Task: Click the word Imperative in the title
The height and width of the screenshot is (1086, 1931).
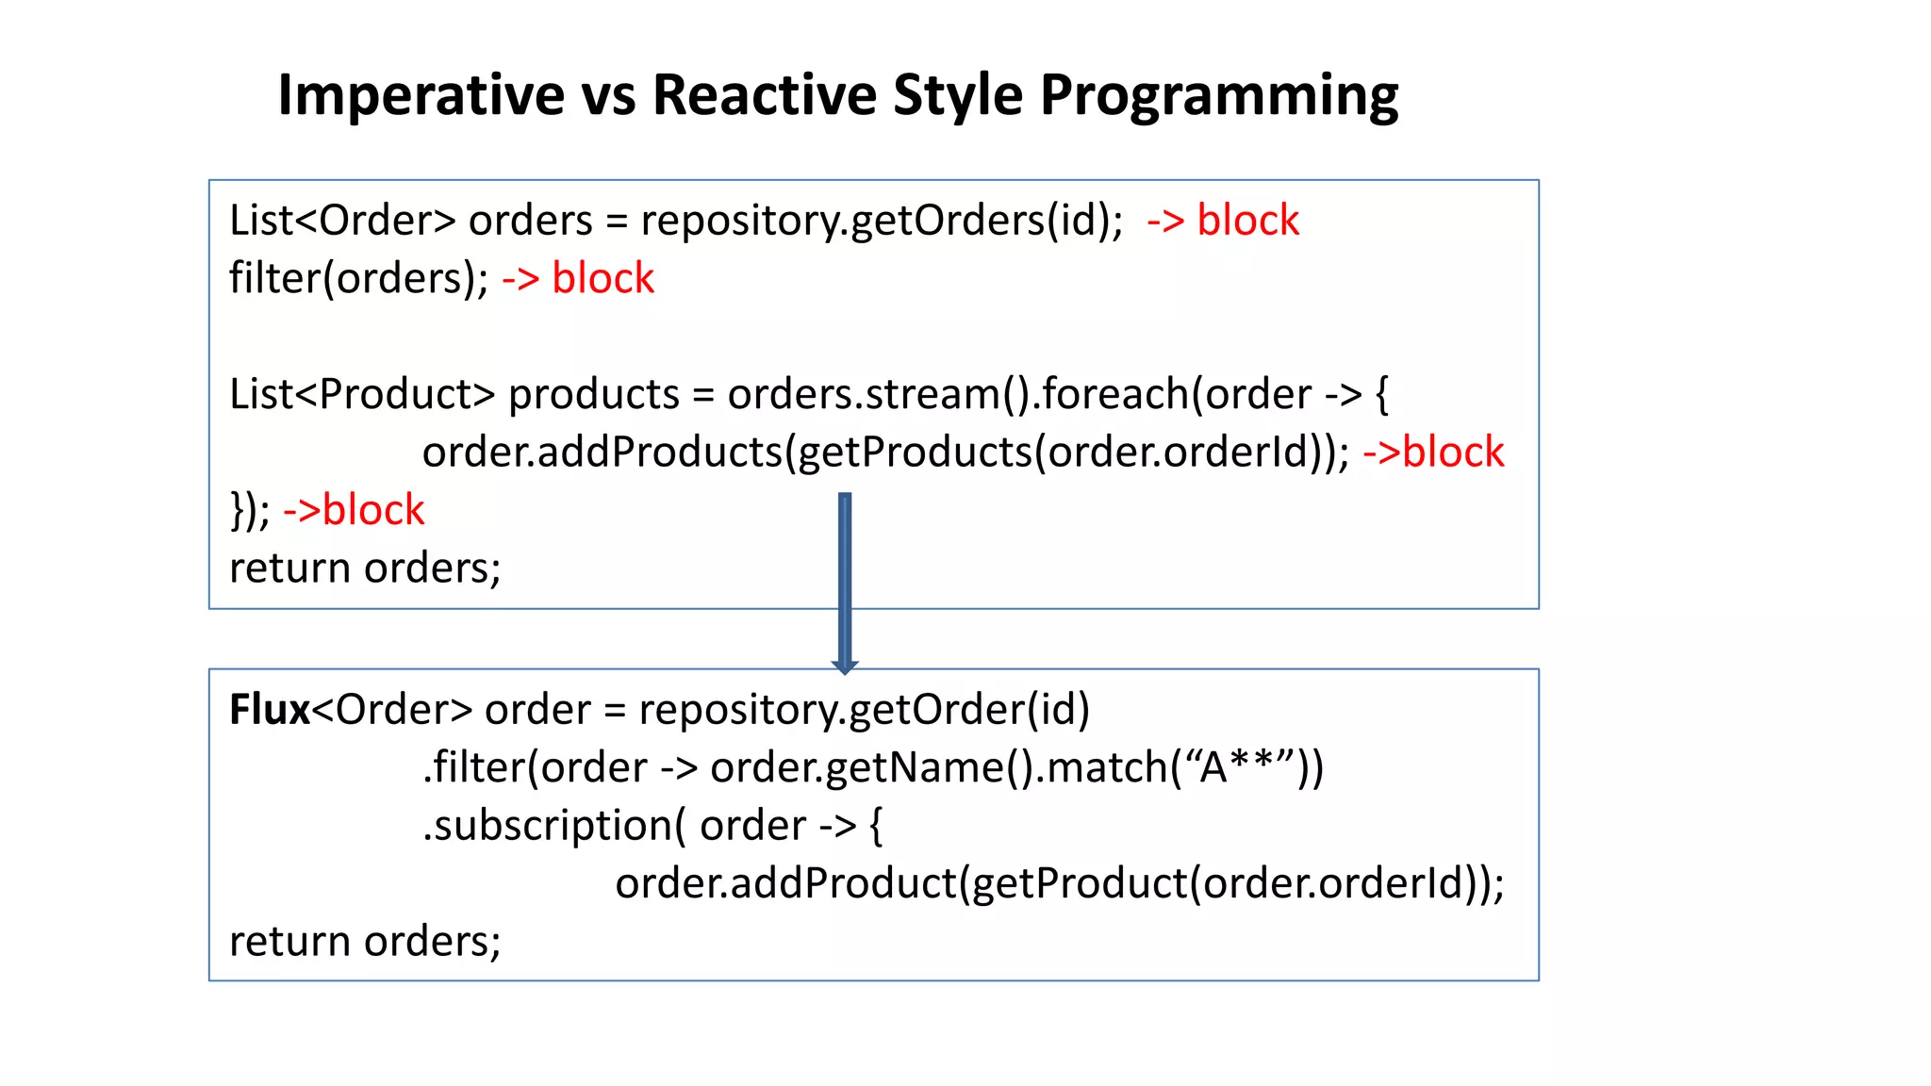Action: click(x=421, y=95)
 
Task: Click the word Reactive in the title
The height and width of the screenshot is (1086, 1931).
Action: click(x=763, y=95)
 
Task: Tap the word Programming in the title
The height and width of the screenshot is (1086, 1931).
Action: click(x=1218, y=97)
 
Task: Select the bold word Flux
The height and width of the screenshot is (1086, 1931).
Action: click(x=269, y=709)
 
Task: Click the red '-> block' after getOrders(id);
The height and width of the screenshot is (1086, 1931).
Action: click(x=1222, y=221)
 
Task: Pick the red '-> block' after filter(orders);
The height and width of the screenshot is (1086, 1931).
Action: click(x=577, y=279)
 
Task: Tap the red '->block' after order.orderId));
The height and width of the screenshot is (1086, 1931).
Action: click(x=1432, y=452)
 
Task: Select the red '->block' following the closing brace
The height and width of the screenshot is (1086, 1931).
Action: click(x=354, y=510)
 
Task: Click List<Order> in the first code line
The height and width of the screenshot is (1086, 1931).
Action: click(x=342, y=221)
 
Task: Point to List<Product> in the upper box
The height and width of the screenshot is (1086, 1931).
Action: click(x=361, y=394)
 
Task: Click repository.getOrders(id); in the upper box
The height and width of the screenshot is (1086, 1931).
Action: click(x=882, y=221)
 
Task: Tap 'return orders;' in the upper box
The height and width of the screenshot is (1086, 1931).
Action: click(x=365, y=568)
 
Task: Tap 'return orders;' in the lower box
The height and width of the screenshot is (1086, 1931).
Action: click(x=365, y=942)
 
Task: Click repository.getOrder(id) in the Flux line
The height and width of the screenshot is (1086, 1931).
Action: click(x=864, y=709)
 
